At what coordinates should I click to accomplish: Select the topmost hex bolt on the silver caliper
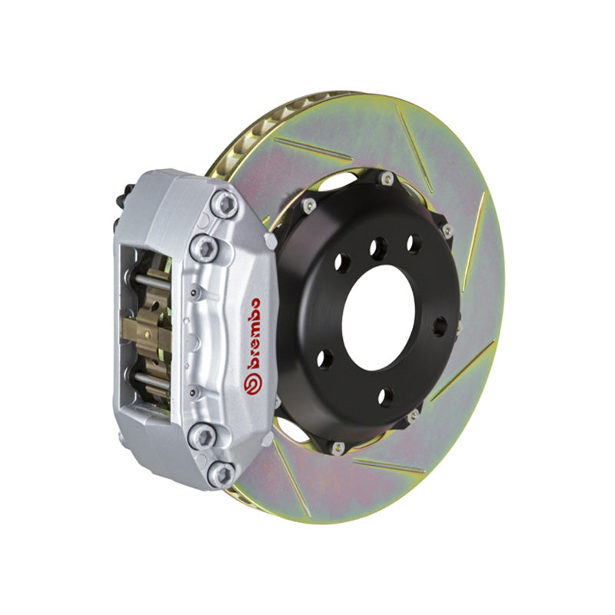coord(224,203)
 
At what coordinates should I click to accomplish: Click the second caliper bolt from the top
coord(205,248)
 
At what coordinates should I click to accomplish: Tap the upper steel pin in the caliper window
coord(155,282)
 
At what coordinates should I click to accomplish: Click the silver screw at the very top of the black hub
coord(387,179)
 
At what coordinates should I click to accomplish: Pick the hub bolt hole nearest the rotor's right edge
coord(439,326)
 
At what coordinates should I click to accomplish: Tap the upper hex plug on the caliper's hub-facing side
coord(270,240)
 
